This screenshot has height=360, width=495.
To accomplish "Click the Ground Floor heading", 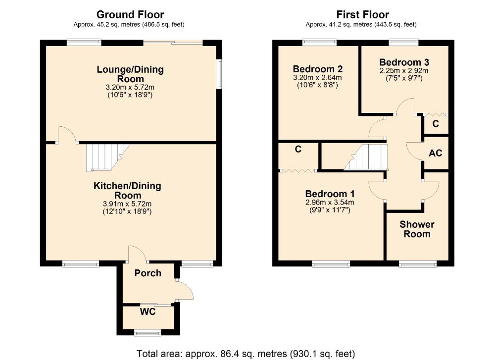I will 130,15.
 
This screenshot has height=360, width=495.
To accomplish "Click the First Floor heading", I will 362,15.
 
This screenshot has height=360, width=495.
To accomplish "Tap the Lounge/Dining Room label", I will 130,74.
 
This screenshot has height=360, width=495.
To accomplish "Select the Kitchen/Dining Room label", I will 128,191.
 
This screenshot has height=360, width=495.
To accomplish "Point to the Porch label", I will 148,273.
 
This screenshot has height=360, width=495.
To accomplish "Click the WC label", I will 148,312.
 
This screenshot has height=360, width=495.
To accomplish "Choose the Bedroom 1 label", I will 330,194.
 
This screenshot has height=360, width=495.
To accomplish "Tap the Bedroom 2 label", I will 317,69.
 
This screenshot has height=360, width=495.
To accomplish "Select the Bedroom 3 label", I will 404,62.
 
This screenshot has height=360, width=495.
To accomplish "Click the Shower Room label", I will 417,229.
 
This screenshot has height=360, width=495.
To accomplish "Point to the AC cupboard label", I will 435,154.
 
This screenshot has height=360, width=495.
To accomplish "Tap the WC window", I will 148,333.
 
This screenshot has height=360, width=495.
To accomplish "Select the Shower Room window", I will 418,264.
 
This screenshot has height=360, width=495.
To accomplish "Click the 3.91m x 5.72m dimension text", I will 128,204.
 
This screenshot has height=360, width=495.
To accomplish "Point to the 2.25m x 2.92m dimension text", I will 404,71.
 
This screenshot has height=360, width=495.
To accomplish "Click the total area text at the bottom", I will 246,354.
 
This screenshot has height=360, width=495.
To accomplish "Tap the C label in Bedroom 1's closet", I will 298,149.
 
